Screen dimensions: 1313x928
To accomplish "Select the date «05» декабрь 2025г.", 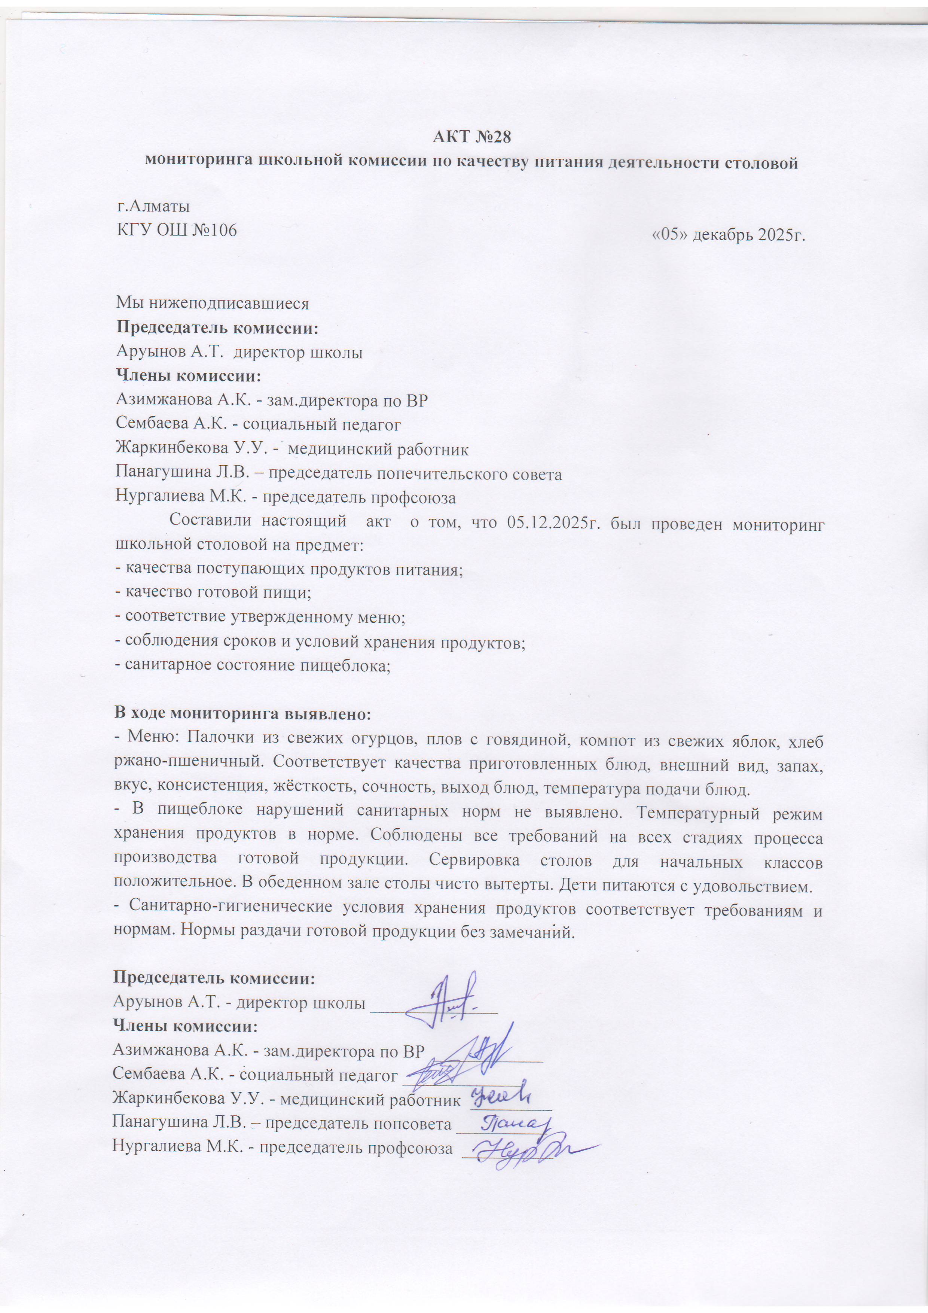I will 729,234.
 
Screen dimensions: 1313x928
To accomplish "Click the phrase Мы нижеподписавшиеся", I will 212,303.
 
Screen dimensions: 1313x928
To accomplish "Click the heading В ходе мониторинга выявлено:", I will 242,714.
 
